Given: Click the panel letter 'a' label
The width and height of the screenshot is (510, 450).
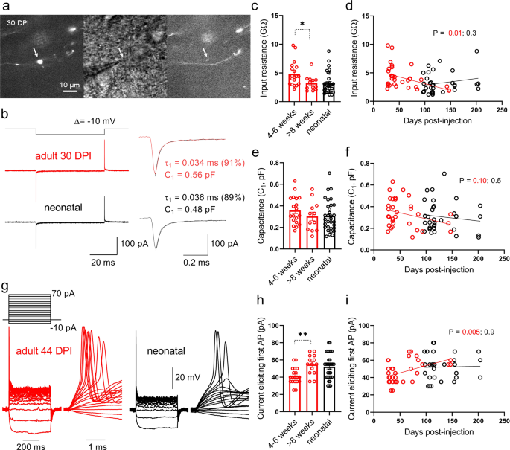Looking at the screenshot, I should click(4, 7).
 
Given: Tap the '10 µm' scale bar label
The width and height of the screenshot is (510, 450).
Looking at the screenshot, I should click(70, 84).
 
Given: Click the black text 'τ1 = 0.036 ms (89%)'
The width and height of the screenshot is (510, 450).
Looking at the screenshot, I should click(219, 210).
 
